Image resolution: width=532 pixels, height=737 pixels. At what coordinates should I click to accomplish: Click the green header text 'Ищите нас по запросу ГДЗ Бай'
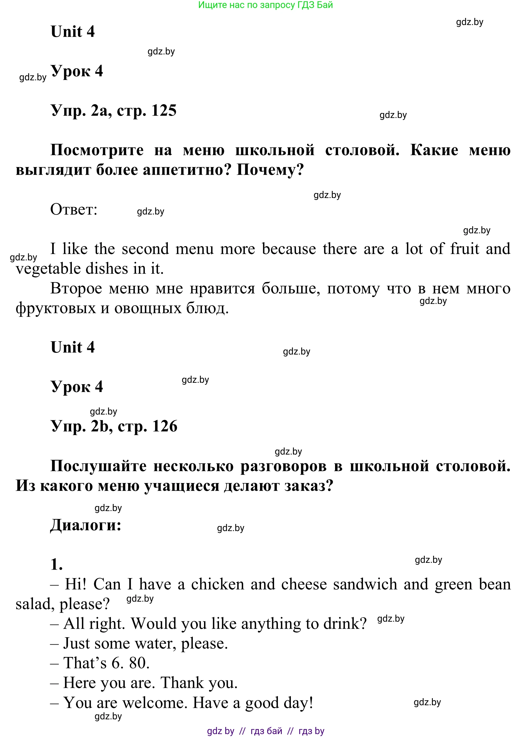click(x=265, y=5)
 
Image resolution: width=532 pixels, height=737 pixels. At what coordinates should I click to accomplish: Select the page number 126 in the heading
click(x=165, y=426)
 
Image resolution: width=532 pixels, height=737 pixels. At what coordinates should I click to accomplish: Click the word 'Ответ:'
click(x=74, y=209)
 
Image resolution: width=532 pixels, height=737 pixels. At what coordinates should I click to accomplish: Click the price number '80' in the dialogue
click(x=139, y=663)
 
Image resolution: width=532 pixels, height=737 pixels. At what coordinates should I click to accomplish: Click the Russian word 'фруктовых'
click(x=56, y=308)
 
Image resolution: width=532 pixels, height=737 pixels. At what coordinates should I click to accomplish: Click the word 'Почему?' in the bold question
click(x=270, y=170)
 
